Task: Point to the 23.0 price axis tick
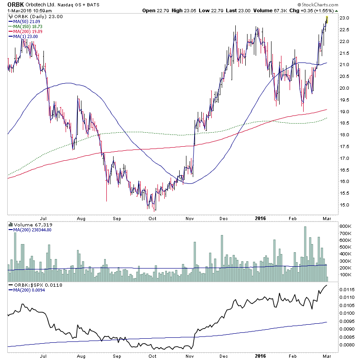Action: click(x=346, y=18)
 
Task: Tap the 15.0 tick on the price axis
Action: click(x=346, y=205)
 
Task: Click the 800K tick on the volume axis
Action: click(x=347, y=226)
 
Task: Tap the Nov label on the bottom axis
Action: click(x=190, y=218)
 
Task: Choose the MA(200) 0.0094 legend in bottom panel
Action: click(x=28, y=290)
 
